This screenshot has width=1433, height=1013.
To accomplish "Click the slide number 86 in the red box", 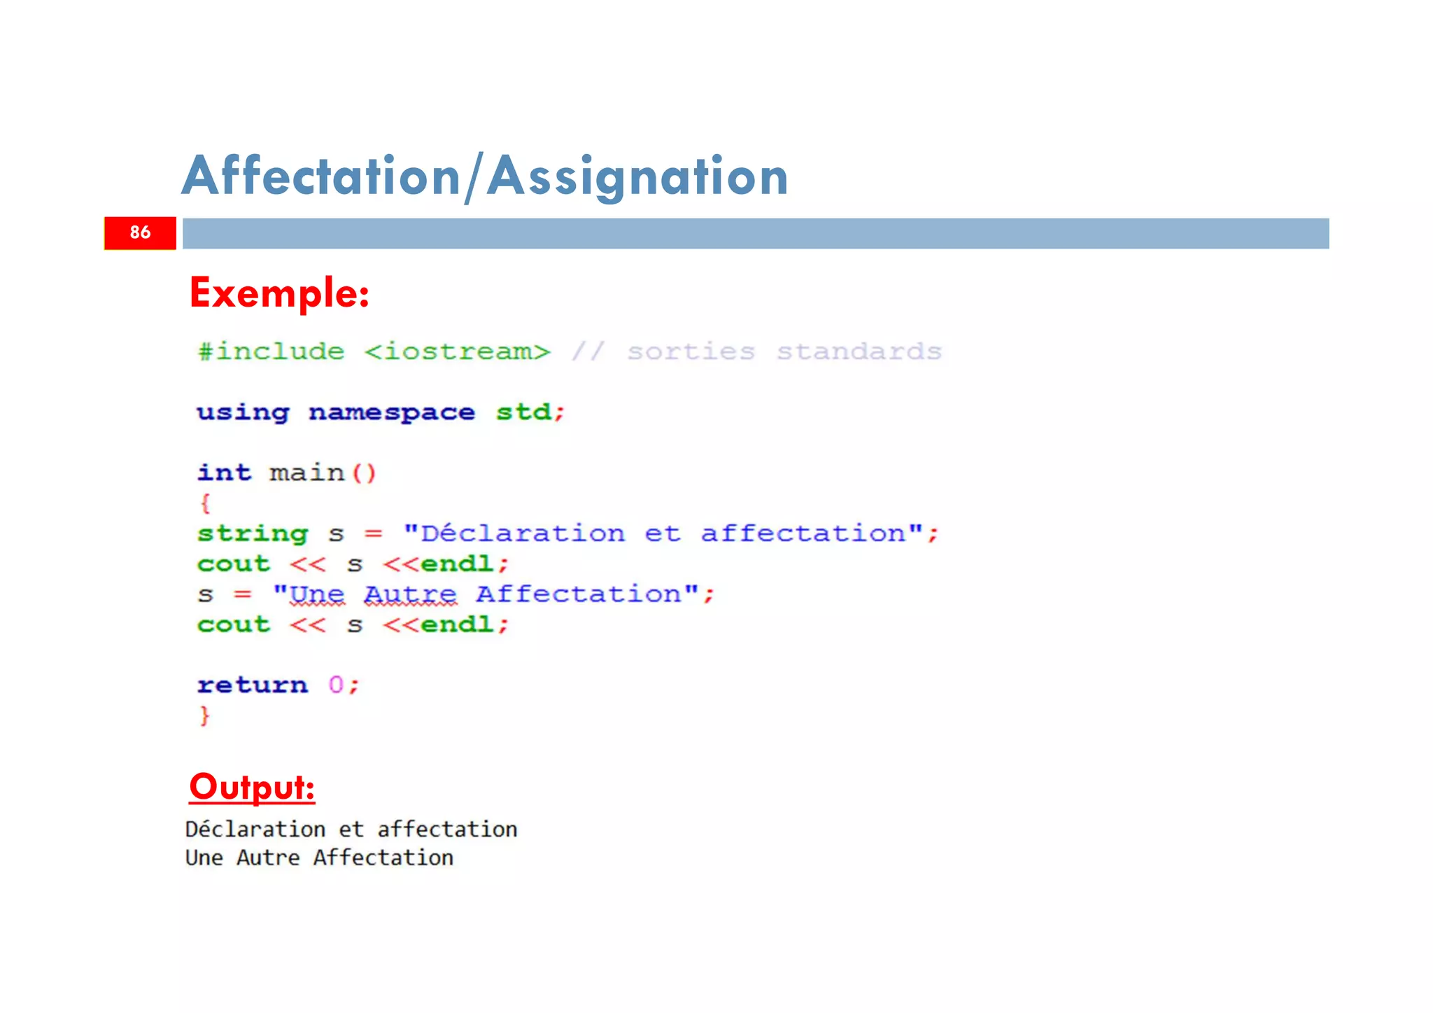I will coord(140,232).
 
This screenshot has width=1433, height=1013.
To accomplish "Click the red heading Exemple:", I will coord(279,293).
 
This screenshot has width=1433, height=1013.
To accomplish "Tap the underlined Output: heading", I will coord(252,787).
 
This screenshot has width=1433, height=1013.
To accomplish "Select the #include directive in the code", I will coord(271,351).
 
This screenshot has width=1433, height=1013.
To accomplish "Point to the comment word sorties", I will coord(691,351).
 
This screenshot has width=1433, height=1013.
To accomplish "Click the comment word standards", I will coord(859,351).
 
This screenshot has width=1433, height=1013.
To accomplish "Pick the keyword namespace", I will coord(391,413).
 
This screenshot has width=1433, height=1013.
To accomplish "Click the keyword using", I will coord(243,413).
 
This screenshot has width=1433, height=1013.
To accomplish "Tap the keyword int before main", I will coord(224,473).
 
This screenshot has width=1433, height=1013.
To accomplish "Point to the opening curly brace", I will coord(205,503).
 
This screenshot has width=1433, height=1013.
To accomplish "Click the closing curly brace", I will coord(204,715).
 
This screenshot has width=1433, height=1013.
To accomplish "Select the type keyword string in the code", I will coord(253,534).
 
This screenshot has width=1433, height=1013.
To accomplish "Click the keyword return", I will coord(253,685).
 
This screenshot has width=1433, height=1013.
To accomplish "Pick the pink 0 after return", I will coord(336,685).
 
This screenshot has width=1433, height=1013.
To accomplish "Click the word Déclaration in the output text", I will coord(255,830).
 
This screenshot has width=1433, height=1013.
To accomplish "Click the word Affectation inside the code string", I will coord(579,594).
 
